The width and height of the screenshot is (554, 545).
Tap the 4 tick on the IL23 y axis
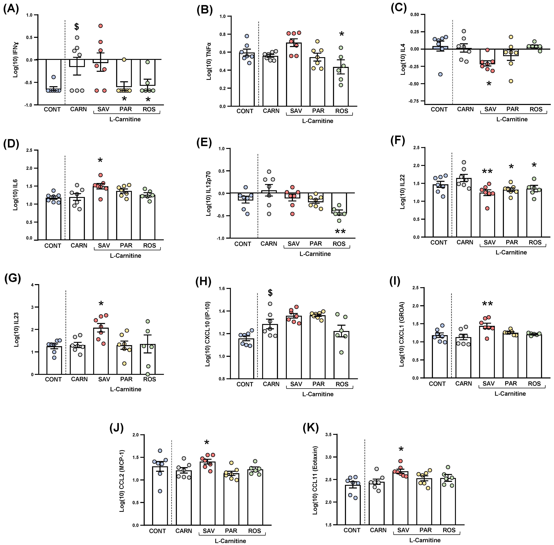[32, 285]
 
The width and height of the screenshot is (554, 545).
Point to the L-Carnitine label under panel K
[425, 540]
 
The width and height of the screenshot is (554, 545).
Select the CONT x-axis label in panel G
[53, 379]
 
